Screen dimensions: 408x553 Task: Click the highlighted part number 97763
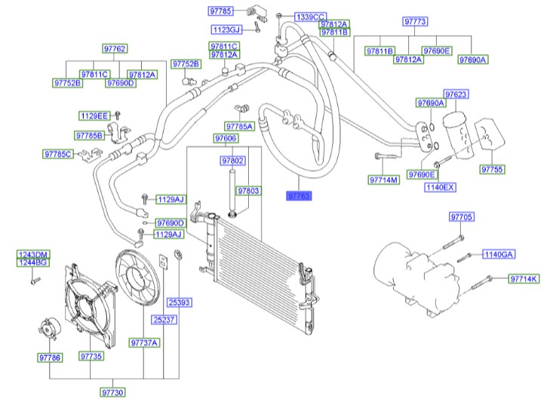tap(299, 195)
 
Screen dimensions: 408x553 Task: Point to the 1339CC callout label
tap(310, 16)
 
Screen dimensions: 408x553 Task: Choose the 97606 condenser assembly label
tap(226, 139)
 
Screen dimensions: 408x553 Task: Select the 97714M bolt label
tap(383, 180)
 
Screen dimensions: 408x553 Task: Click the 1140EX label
tap(440, 186)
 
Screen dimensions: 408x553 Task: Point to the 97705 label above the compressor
tap(461, 217)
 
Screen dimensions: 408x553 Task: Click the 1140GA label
tap(498, 254)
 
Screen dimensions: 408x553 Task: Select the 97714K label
tap(524, 279)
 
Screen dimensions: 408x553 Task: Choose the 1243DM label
tap(33, 254)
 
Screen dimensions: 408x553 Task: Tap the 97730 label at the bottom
tap(112, 392)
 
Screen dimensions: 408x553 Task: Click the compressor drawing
tap(412, 271)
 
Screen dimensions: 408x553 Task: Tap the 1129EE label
tap(94, 115)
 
